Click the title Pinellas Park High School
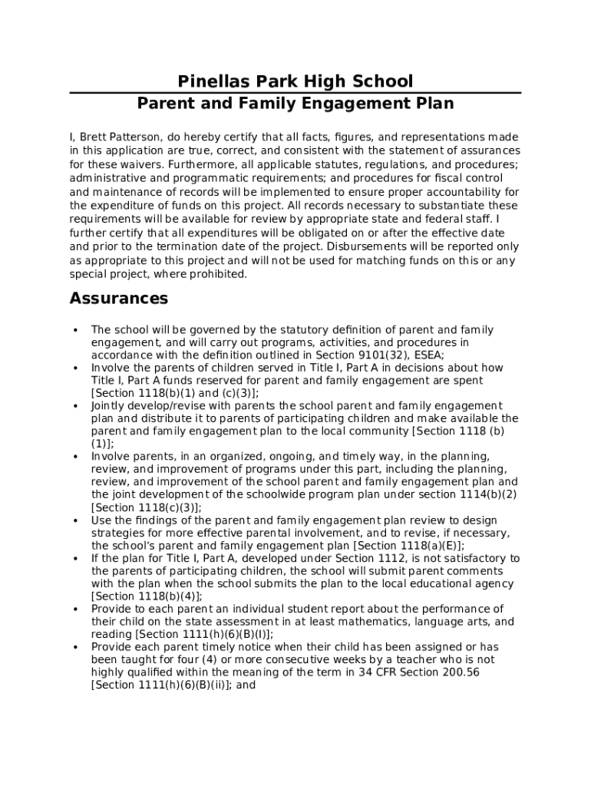coord(295,81)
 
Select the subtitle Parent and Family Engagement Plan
coord(295,104)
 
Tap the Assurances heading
coord(119,298)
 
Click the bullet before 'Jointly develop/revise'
coord(75,406)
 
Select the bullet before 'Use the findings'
coord(75,520)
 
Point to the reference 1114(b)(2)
coord(490,494)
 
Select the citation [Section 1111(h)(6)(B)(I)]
coord(203,635)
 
